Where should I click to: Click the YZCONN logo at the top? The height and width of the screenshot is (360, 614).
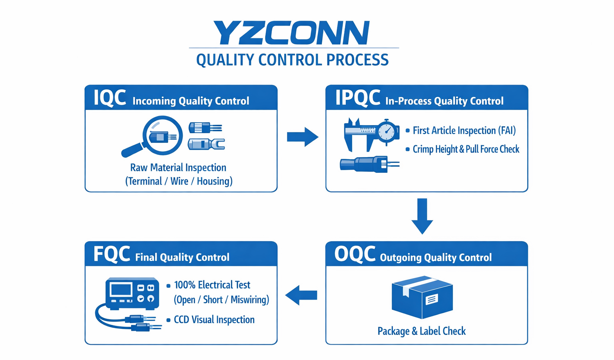coord(291,33)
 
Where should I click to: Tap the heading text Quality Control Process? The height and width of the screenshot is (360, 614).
coord(292,60)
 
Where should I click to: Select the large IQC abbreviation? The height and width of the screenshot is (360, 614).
coord(110,98)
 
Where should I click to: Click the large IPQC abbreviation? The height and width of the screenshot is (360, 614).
coord(357,98)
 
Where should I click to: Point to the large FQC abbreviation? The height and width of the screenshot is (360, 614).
coord(112,254)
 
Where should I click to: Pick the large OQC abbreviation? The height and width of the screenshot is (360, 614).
coord(355,254)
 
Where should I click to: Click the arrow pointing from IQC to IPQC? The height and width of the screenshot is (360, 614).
coord(302,137)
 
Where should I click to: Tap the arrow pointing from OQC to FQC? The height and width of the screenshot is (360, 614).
coord(301,295)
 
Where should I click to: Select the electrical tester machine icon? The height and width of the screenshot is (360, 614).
coord(132,293)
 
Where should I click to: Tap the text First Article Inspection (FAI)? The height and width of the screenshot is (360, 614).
coord(464,130)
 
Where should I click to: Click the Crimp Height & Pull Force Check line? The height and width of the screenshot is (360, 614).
coord(466,149)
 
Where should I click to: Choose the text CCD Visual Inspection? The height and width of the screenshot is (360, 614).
coord(214,320)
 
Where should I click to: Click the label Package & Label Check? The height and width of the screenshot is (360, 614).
coord(422,331)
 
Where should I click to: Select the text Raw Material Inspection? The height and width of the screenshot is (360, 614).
coord(178,168)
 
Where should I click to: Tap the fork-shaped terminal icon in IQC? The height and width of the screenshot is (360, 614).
coord(206,144)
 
